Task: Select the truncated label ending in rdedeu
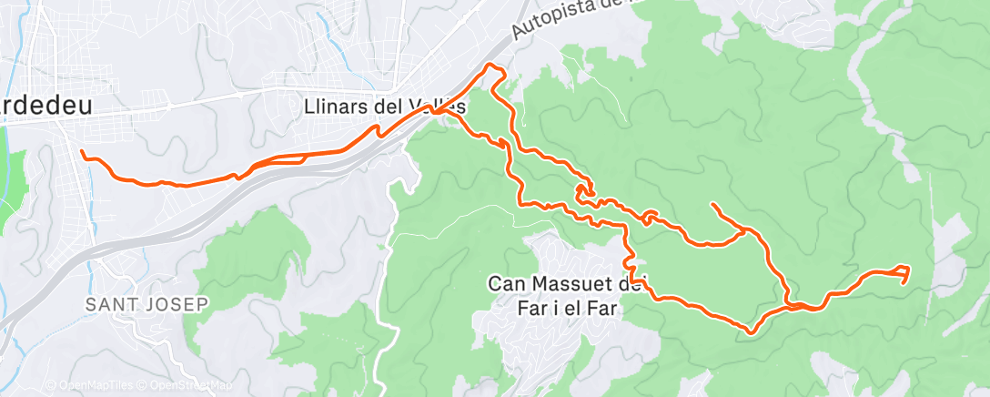point(45,106)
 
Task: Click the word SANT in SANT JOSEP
point(108,303)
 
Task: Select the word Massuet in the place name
point(564,284)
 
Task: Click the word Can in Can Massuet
point(506,284)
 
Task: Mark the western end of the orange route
point(82,151)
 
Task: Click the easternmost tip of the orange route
point(909,268)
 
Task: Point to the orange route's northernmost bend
point(494,66)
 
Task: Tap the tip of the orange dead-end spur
point(711,204)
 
